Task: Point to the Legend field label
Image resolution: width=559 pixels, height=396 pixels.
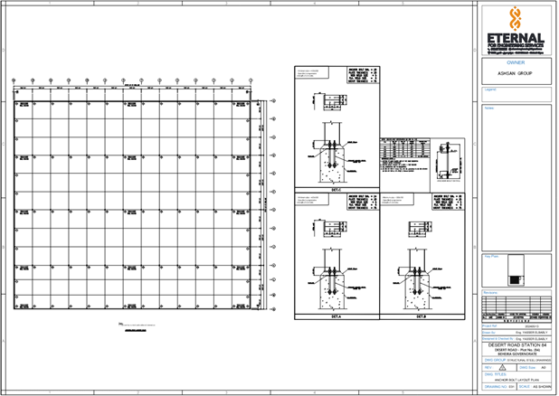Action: (491, 89)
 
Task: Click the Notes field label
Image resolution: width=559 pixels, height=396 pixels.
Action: (489, 108)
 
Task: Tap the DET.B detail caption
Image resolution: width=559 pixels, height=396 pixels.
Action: (421, 316)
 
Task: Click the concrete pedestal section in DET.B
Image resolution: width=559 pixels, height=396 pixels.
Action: (420, 285)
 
